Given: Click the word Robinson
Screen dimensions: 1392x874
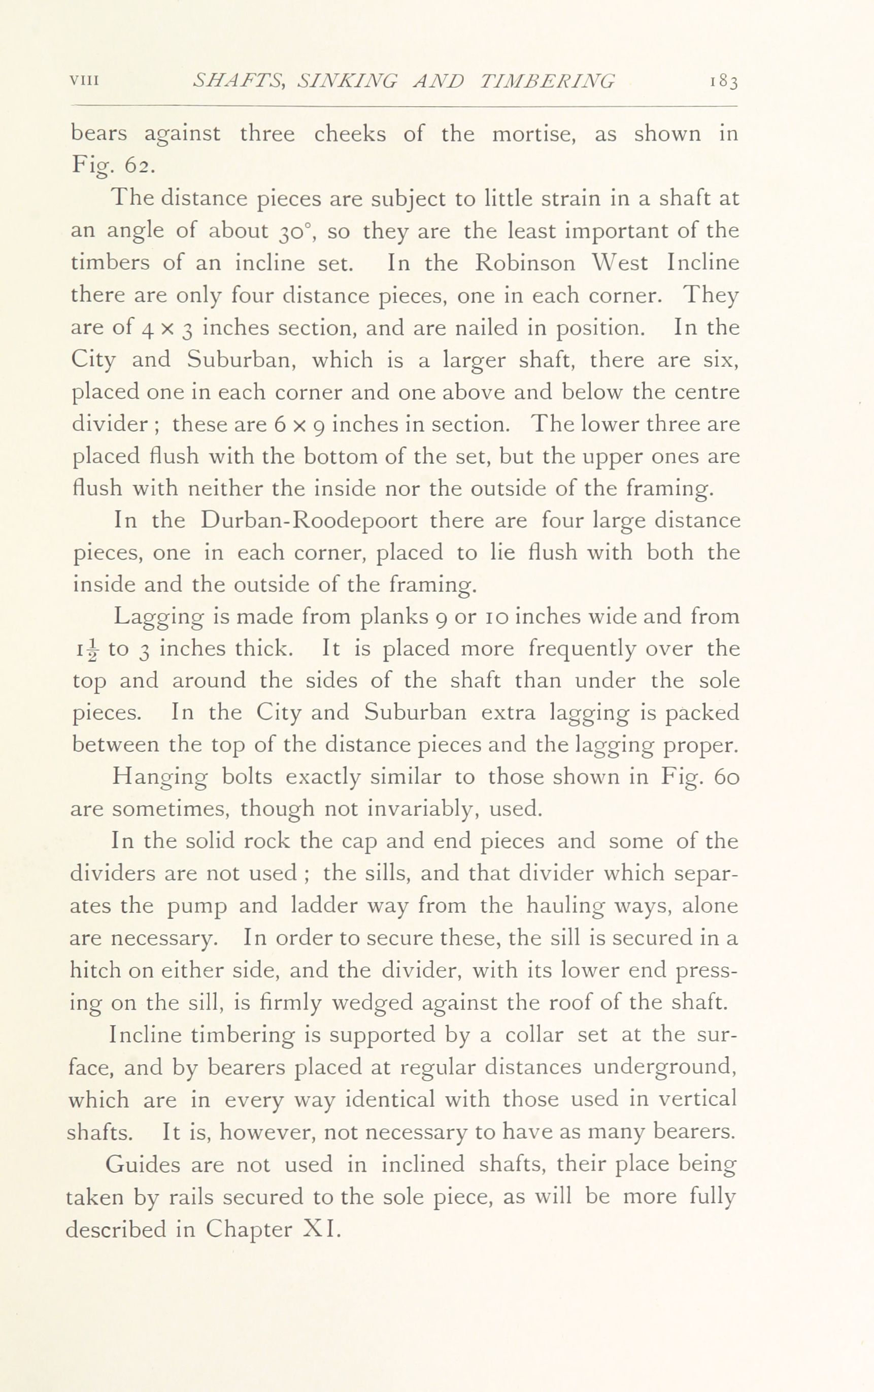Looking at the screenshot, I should (x=525, y=263).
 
